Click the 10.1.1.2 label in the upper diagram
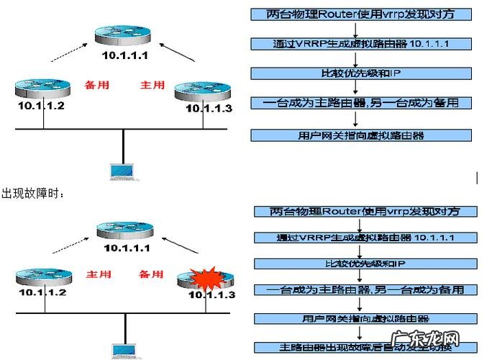[42, 107]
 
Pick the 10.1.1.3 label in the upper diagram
[209, 109]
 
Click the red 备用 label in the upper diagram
[97, 84]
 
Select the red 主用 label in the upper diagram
[153, 84]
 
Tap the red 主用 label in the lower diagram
[99, 274]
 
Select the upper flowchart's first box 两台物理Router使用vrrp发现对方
[359, 14]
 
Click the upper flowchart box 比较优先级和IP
[359, 73]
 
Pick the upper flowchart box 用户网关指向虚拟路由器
[359, 135]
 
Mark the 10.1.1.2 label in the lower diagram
[42, 293]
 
